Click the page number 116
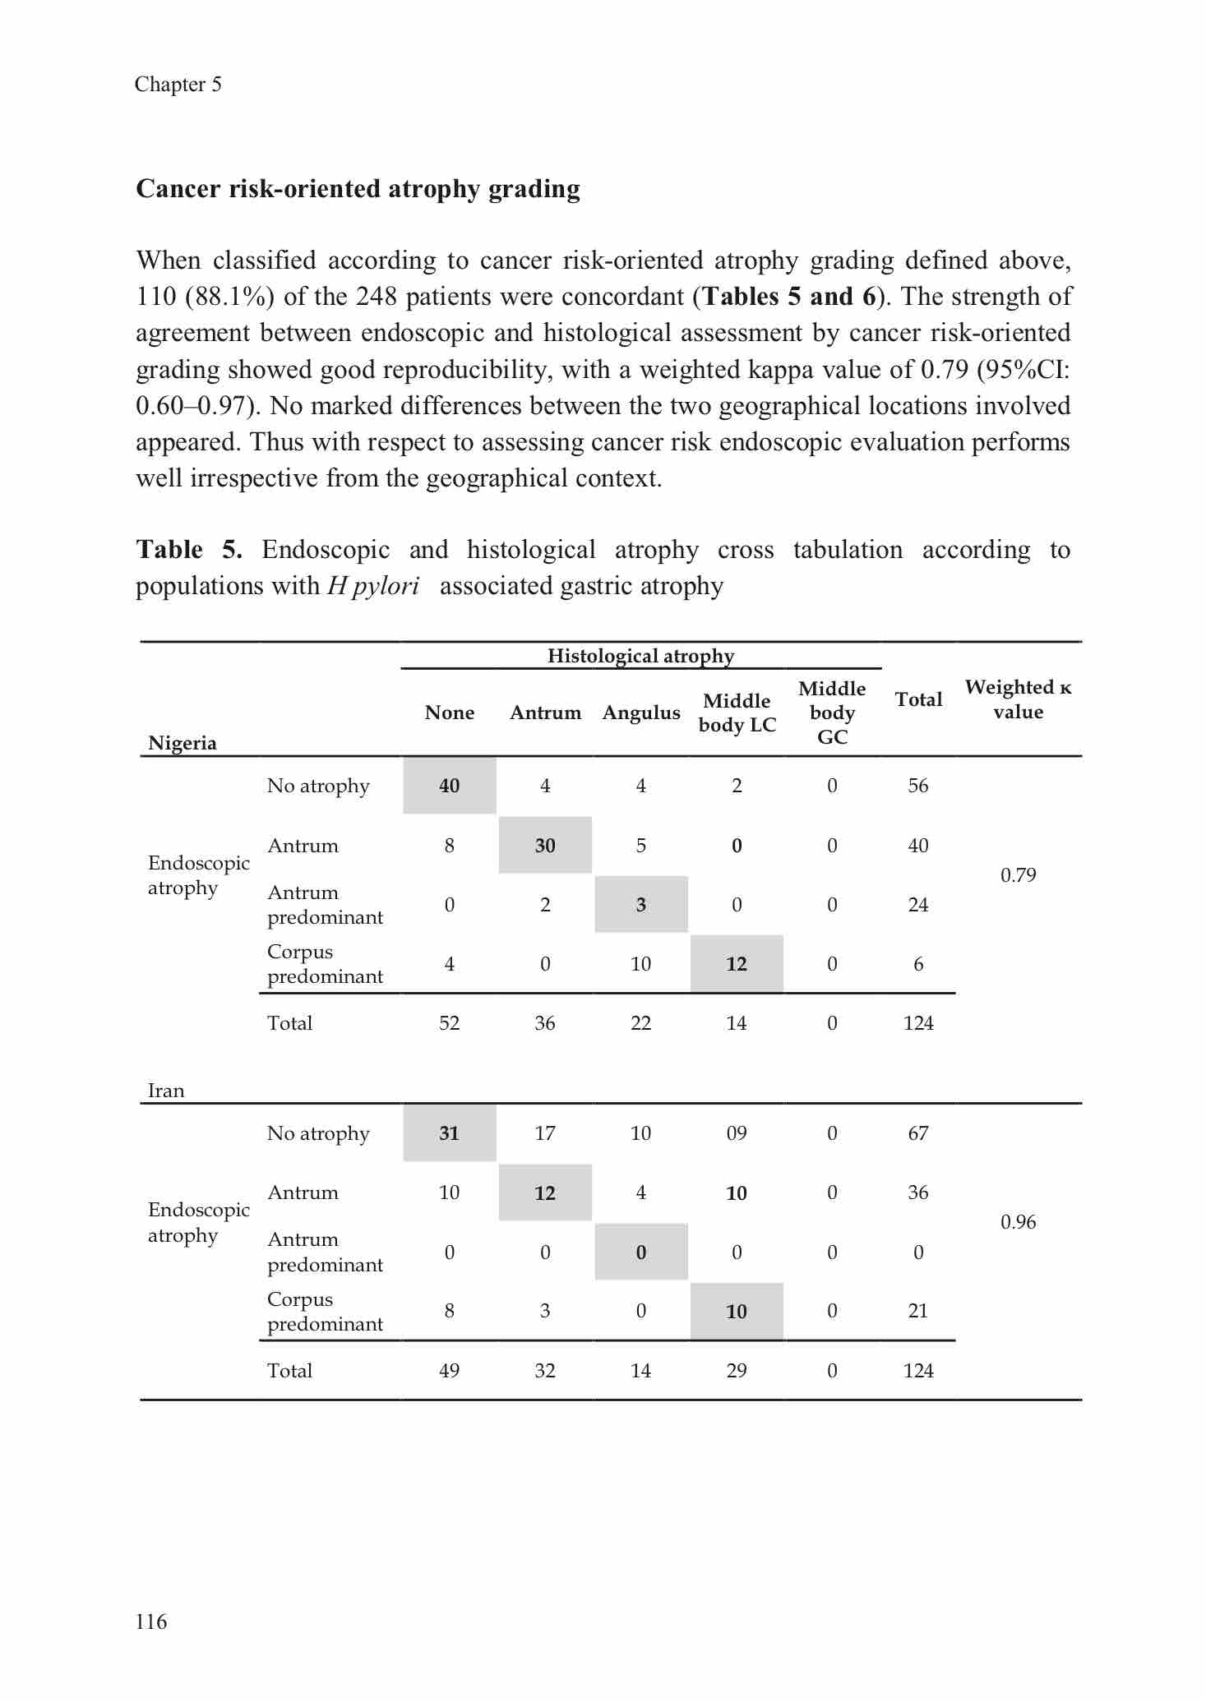click(x=151, y=1621)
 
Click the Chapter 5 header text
click(x=178, y=85)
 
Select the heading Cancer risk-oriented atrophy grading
click(x=358, y=189)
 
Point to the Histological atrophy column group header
click(x=640, y=656)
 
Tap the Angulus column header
click(x=641, y=713)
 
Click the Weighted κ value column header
click(x=1018, y=699)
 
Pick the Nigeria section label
click(x=183, y=743)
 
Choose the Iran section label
click(x=166, y=1091)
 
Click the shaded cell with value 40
click(x=449, y=786)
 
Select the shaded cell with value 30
click(x=545, y=846)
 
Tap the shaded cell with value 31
click(x=449, y=1133)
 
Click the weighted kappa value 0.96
click(x=1018, y=1222)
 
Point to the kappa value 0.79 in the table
click(x=1018, y=875)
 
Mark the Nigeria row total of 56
click(x=918, y=786)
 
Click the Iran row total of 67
click(x=918, y=1133)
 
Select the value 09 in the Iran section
click(x=737, y=1133)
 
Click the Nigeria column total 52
click(x=449, y=1023)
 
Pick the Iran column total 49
click(x=449, y=1370)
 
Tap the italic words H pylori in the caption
click(x=373, y=586)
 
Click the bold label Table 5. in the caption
click(x=189, y=549)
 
